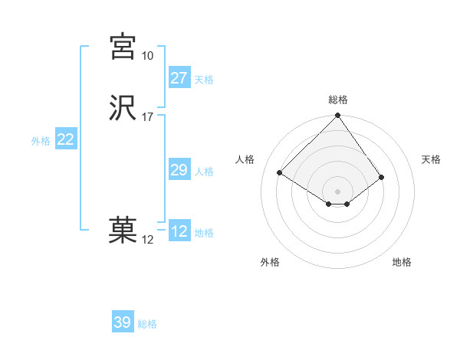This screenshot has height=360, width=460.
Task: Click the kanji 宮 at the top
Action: click(x=123, y=47)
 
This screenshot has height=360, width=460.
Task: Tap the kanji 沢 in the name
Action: click(x=123, y=109)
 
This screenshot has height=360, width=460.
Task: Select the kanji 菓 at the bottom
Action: click(x=123, y=231)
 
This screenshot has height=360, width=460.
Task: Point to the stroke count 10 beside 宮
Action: click(x=147, y=56)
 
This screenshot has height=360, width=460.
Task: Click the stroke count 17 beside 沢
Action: click(x=147, y=117)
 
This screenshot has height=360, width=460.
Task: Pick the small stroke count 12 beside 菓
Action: click(x=147, y=240)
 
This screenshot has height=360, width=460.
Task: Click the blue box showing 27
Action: click(x=179, y=78)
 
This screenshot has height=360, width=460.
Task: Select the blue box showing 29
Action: click(x=179, y=170)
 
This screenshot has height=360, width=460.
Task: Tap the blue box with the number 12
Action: click(x=179, y=231)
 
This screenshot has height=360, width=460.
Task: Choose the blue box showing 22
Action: click(x=66, y=139)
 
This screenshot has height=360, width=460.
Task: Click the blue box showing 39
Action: click(x=123, y=322)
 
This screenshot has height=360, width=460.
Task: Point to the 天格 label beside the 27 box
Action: click(x=204, y=80)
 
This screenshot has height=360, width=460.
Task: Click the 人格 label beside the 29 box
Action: click(x=204, y=172)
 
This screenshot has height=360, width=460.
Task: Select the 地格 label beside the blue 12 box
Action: click(x=204, y=233)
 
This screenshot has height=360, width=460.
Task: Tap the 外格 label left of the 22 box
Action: click(x=41, y=141)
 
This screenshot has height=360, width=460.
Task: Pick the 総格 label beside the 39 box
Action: click(x=147, y=324)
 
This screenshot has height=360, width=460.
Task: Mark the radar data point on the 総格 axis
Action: click(x=337, y=116)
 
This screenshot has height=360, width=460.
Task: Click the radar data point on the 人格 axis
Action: click(x=281, y=173)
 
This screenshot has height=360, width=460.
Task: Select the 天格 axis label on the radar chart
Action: click(x=431, y=159)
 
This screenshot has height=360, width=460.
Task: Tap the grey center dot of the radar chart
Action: click(x=337, y=191)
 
